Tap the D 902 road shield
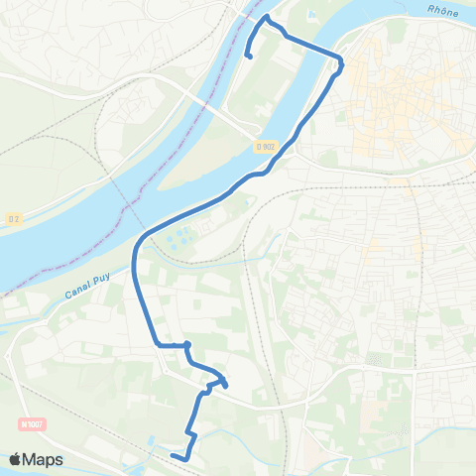(264, 146)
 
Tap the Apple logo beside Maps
(17, 459)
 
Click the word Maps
(44, 459)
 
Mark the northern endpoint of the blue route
(248, 58)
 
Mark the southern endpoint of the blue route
(173, 455)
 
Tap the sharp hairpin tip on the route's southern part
(227, 384)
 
